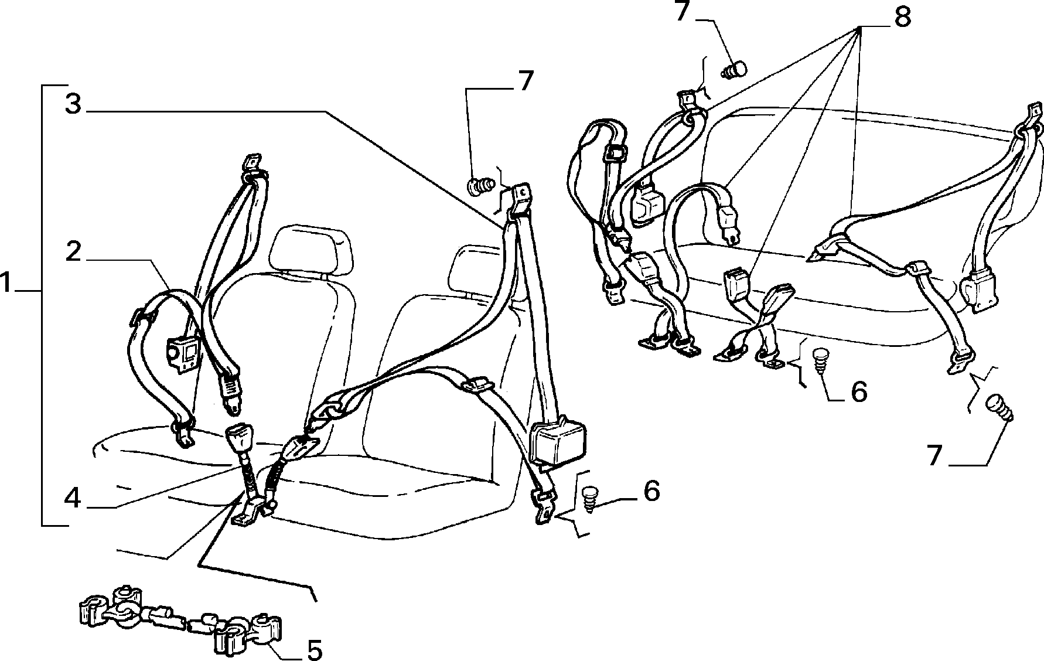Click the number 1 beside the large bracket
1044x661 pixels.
(7, 284)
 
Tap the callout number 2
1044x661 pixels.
(73, 252)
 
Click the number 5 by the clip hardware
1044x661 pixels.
(315, 649)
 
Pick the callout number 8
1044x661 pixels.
(903, 18)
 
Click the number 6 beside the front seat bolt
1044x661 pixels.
(651, 490)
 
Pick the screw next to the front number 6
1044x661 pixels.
(589, 498)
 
